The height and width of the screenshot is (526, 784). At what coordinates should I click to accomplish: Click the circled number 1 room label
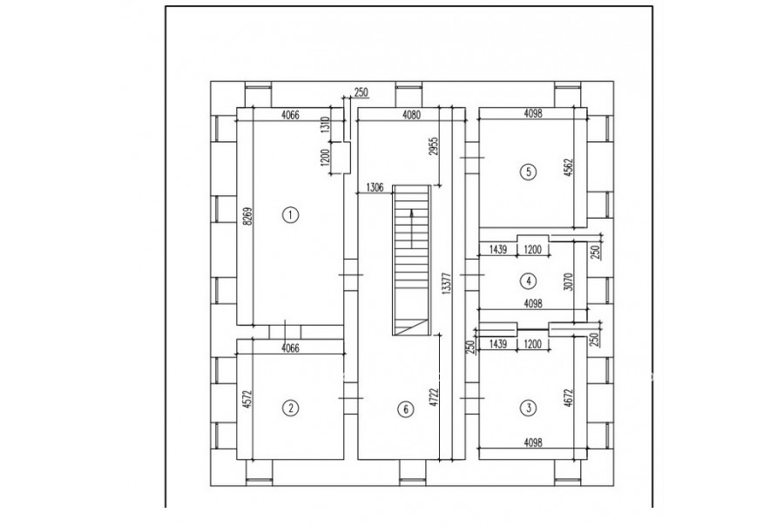(290, 215)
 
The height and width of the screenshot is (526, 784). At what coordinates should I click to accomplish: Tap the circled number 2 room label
(290, 408)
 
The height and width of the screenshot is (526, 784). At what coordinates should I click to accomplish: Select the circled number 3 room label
(529, 408)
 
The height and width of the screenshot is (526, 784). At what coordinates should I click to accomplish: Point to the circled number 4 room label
(529, 281)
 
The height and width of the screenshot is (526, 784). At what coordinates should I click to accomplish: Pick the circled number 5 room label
(529, 172)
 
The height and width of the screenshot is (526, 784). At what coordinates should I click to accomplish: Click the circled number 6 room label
(405, 409)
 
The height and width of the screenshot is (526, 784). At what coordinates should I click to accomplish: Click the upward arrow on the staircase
(411, 228)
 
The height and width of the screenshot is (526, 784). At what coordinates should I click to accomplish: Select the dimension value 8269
(245, 217)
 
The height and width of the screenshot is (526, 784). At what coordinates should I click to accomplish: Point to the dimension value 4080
(411, 115)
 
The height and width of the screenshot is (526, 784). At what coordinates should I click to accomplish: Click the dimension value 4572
(245, 401)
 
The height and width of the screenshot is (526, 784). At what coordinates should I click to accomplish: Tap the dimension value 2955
(434, 146)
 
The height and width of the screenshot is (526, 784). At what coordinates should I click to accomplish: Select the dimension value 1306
(375, 187)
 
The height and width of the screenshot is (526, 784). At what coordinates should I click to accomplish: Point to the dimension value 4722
(434, 399)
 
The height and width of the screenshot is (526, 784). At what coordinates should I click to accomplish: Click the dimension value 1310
(326, 124)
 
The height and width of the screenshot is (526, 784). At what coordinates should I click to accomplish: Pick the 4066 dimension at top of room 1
(290, 115)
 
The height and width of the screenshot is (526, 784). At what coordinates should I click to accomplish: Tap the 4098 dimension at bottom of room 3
(533, 442)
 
